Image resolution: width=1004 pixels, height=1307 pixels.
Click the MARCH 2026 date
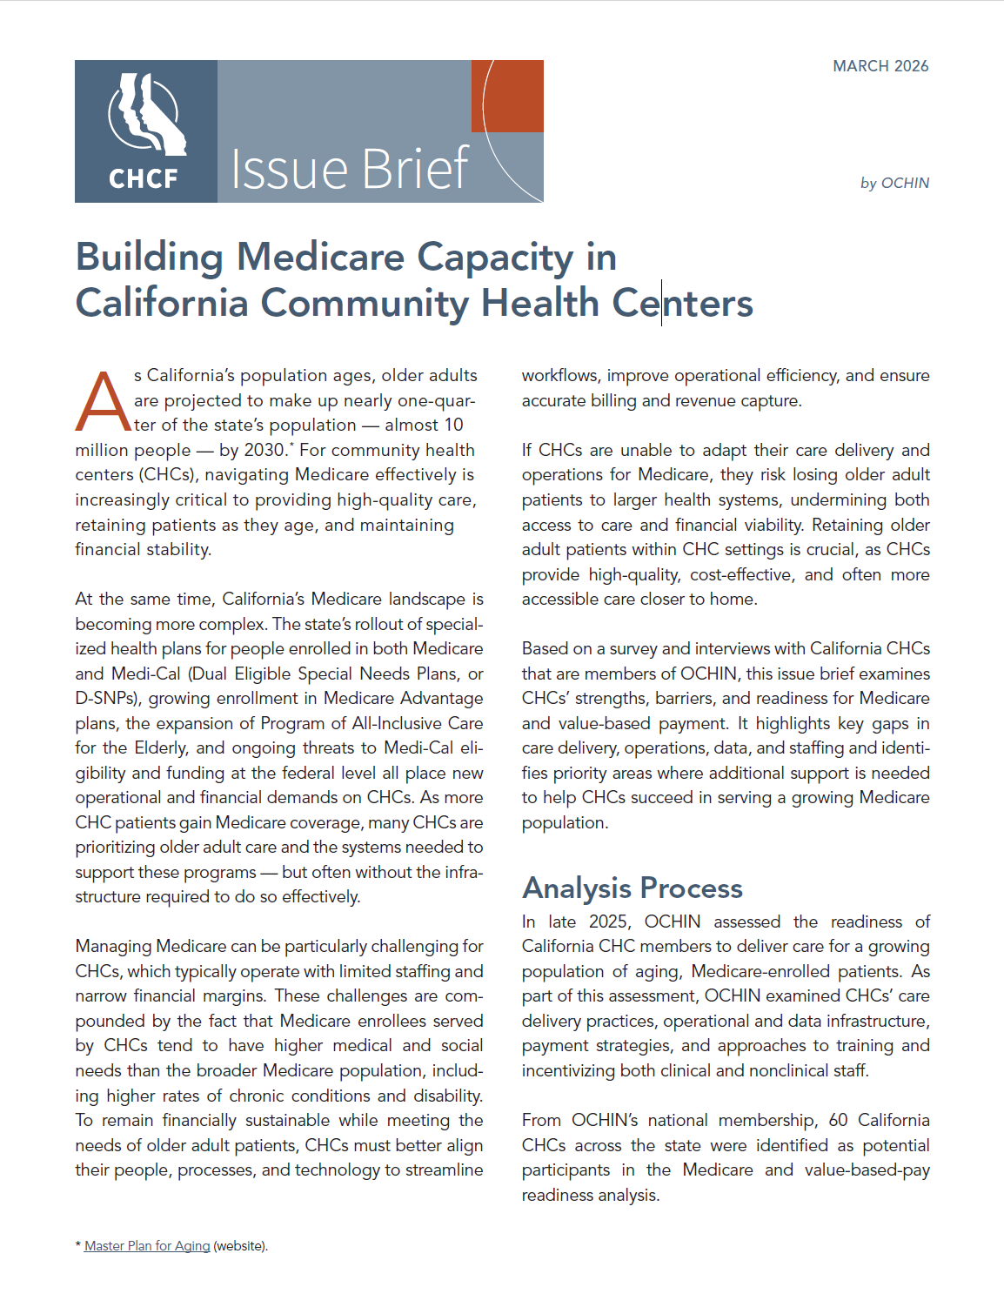point(880,66)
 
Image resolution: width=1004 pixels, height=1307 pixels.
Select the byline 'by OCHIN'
point(894,183)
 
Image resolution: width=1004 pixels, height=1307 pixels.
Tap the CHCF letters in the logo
point(144,178)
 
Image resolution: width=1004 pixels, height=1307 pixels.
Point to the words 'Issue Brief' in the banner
point(350,169)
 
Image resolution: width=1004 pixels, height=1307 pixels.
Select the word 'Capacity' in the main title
point(494,258)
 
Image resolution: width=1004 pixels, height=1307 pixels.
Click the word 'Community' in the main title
point(365,304)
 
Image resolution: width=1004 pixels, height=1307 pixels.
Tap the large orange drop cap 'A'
point(103,403)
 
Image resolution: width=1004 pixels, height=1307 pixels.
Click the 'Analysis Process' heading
point(633,888)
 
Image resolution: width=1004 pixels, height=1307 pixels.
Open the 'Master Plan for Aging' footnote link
point(147,1246)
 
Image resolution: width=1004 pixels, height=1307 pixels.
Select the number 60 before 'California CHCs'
point(838,1120)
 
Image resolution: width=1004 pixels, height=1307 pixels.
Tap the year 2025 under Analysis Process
point(608,922)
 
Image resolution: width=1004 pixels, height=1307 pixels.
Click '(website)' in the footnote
point(240,1246)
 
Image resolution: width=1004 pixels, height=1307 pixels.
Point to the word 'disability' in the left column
point(444,1096)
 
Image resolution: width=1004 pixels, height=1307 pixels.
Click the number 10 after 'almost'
point(454,425)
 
